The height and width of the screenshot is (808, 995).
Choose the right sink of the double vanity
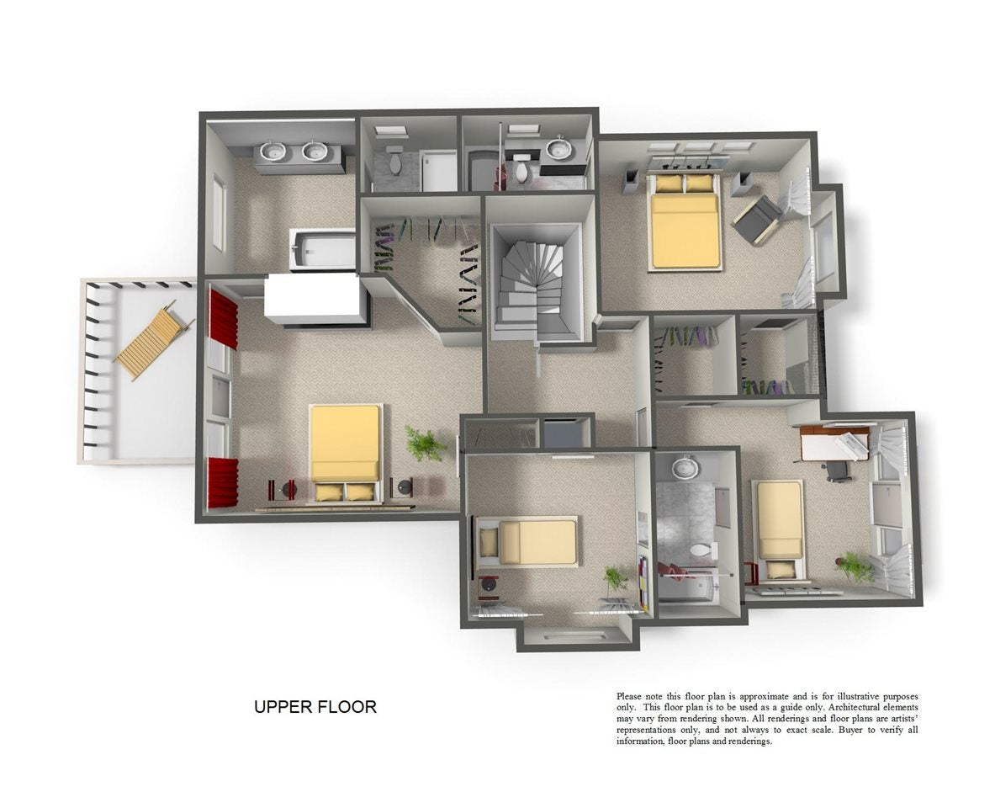pyautogui.click(x=315, y=151)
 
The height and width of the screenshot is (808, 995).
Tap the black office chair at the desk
pyautogui.click(x=837, y=470)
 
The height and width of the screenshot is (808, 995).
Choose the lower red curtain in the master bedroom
pyautogui.click(x=223, y=483)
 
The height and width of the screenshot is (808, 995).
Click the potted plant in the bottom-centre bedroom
pyautogui.click(x=614, y=579)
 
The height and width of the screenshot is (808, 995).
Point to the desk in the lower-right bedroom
pyautogui.click(x=834, y=444)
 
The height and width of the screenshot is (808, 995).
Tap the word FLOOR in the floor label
pyautogui.click(x=347, y=706)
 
